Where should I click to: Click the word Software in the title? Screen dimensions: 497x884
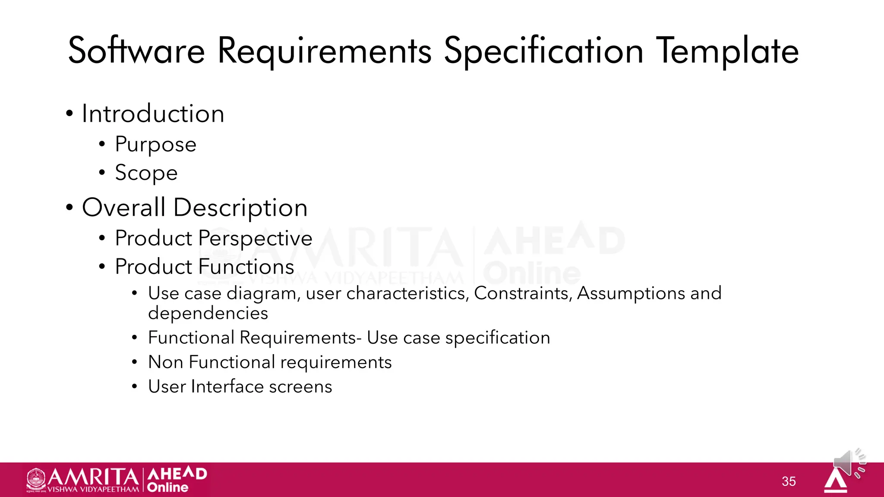point(136,51)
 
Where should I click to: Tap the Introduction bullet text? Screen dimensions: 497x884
point(153,114)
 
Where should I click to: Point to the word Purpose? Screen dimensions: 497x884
point(155,145)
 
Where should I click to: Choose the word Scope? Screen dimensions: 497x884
point(146,173)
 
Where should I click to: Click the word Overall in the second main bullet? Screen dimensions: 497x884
point(123,208)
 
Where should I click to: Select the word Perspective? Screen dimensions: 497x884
point(255,239)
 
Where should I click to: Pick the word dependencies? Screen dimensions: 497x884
point(208,313)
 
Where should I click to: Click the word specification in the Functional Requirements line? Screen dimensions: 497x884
point(498,338)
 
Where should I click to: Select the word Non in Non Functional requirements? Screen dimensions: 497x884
point(166,362)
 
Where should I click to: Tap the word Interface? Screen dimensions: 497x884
point(227,387)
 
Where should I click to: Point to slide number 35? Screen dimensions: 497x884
point(789,481)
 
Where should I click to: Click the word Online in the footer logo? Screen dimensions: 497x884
point(167,488)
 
